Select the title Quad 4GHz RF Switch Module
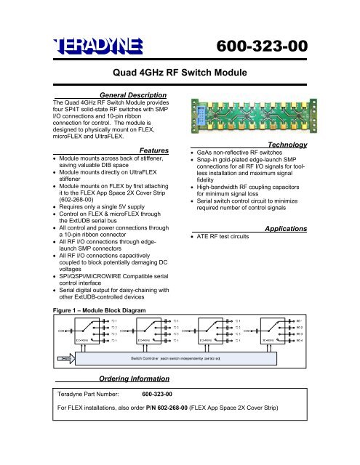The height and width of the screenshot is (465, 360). pos(179,73)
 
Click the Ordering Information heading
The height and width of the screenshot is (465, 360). pos(133,379)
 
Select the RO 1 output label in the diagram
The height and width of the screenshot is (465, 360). pos(340,321)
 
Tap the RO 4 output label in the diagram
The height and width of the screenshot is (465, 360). pos(340,339)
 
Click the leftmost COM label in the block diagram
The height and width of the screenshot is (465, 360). pos(63,331)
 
